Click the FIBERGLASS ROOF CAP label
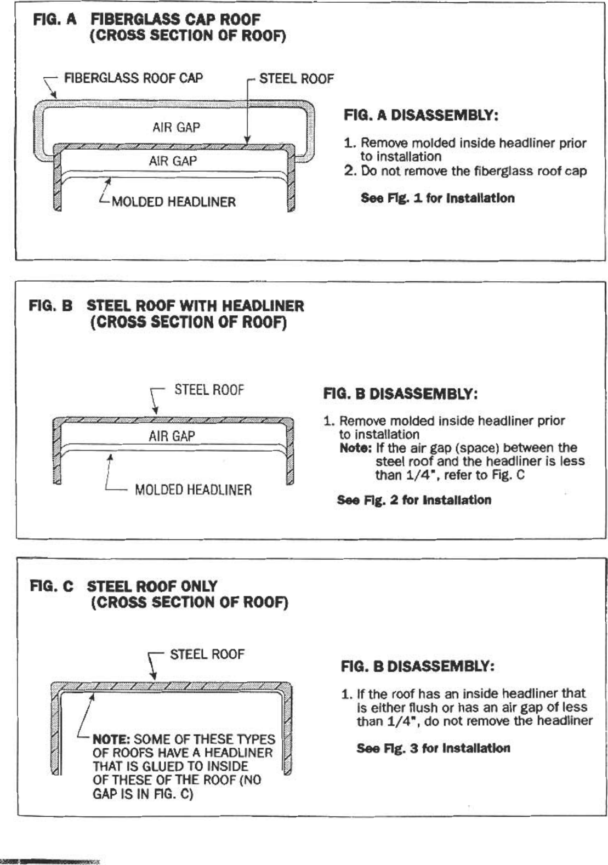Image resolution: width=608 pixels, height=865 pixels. (x=133, y=78)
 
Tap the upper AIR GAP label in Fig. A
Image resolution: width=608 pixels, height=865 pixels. (x=176, y=127)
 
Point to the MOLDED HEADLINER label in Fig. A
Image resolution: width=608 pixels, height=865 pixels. (x=173, y=202)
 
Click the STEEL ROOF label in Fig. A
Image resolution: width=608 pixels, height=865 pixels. (x=296, y=79)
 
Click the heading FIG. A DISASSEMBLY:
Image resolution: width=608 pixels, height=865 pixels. (x=421, y=115)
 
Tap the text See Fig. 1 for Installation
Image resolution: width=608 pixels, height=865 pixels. (x=437, y=198)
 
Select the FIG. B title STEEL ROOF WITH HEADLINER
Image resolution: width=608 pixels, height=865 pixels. (x=195, y=306)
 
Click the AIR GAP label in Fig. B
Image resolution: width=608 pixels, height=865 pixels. (x=172, y=436)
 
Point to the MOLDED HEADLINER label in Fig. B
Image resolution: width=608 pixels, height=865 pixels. (x=193, y=490)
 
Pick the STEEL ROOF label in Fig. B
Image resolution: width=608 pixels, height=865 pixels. (x=209, y=390)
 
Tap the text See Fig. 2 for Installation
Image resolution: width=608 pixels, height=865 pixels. (x=414, y=500)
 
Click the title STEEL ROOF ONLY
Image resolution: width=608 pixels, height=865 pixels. (x=152, y=586)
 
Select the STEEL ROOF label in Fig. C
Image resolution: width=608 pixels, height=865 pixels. (x=207, y=654)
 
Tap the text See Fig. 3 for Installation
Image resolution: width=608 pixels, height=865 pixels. (x=433, y=748)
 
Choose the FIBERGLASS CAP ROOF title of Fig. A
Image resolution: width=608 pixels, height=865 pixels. (x=175, y=20)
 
